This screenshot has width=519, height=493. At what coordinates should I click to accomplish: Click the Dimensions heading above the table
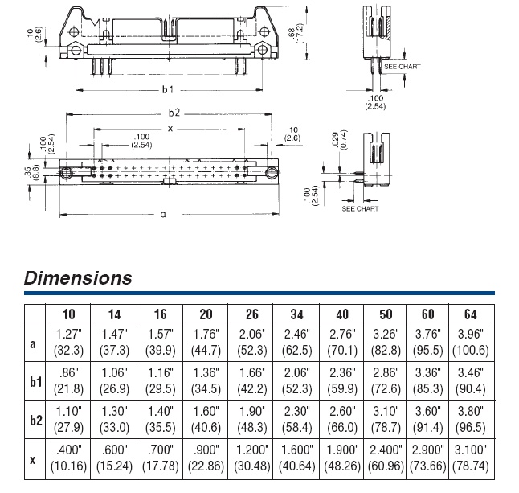(78, 279)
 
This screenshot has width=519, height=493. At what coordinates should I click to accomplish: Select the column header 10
(70, 314)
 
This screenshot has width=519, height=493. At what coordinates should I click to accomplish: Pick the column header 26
(252, 314)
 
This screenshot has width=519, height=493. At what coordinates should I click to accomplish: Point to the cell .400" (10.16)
(70, 459)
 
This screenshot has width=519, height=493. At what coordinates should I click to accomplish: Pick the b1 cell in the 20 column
(206, 381)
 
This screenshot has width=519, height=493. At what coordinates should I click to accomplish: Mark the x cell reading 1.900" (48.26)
(342, 459)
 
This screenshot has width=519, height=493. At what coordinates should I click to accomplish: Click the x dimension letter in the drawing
(170, 129)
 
